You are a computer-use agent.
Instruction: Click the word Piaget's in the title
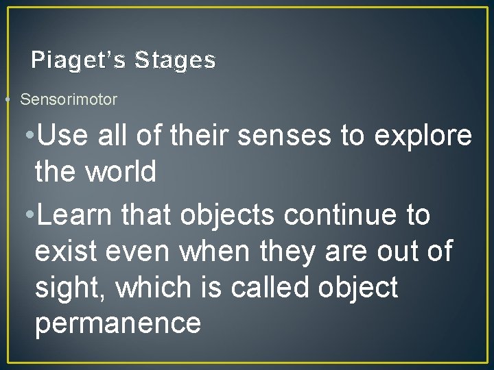[78, 61]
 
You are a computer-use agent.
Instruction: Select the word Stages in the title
[175, 61]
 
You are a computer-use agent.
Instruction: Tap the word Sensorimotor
[69, 99]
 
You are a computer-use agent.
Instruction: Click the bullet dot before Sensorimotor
[6, 99]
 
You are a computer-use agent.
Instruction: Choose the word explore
[423, 136]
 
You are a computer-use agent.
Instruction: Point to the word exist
[67, 251]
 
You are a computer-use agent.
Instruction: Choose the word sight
[70, 288]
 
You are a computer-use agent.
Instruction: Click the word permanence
[117, 323]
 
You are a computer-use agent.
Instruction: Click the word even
[139, 251]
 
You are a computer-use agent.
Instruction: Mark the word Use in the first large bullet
[64, 136]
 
